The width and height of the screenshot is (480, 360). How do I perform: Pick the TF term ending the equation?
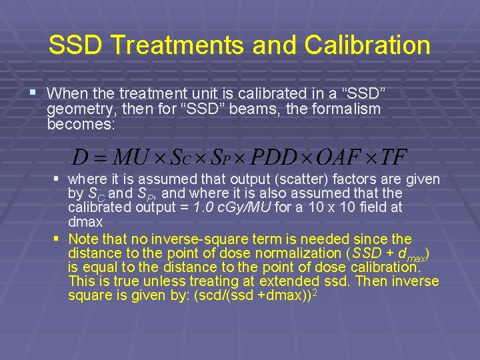coord(394,157)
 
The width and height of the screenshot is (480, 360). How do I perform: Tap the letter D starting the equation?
coord(80,157)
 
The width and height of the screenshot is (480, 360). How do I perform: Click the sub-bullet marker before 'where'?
coord(57,179)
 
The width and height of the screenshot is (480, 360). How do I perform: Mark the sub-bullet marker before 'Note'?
coord(57,239)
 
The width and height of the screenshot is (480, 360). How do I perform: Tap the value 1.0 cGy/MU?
coord(232,208)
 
